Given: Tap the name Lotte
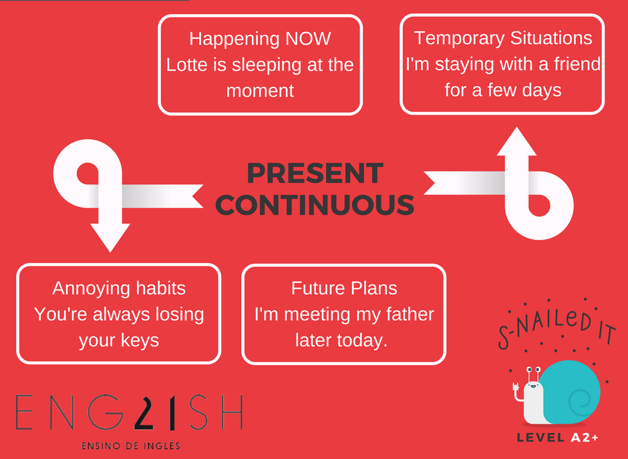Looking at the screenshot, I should coord(186,65).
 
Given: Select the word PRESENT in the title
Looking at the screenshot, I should coord(315,173).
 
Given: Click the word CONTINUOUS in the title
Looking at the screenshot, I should coord(315,205).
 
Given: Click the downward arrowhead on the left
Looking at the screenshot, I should coord(110,237).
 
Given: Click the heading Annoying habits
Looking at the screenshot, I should coord(119,288).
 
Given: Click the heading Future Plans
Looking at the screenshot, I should coord(344,288).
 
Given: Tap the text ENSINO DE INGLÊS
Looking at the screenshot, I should coord(130,445).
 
